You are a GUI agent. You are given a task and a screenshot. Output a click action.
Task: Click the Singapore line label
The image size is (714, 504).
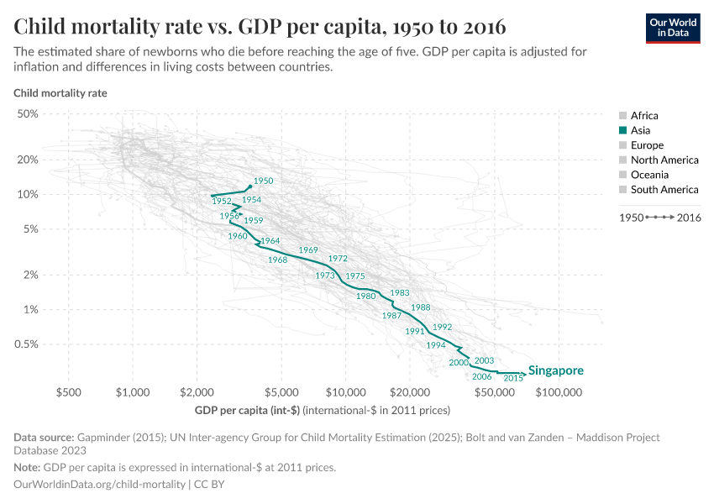pyautogui.click(x=555, y=370)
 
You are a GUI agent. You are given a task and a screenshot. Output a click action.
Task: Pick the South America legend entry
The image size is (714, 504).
pyautogui.click(x=664, y=190)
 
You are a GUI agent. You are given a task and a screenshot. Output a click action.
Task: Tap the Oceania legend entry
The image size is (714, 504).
pyautogui.click(x=649, y=175)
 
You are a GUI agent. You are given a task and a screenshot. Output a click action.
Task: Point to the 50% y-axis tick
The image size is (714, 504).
pyautogui.click(x=28, y=113)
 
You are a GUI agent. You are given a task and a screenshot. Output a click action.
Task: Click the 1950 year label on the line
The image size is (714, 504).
pyautogui.click(x=263, y=181)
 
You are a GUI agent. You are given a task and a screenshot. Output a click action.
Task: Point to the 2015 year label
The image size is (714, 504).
pyautogui.click(x=513, y=379)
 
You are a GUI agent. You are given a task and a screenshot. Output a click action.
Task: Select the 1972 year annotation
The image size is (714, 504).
pyautogui.click(x=338, y=259)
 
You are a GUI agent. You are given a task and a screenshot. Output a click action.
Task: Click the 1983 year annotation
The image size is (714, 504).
pyautogui.click(x=400, y=292)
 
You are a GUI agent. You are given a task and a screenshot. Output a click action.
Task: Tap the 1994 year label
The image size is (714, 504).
pyautogui.click(x=436, y=345)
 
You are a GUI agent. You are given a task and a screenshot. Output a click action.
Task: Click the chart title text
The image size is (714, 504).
pyautogui.click(x=260, y=25)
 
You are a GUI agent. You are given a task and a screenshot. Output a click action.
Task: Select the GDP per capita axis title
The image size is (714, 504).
pyautogui.click(x=323, y=411)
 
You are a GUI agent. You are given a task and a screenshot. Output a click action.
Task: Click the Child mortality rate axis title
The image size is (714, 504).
pyautogui.click(x=60, y=93)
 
